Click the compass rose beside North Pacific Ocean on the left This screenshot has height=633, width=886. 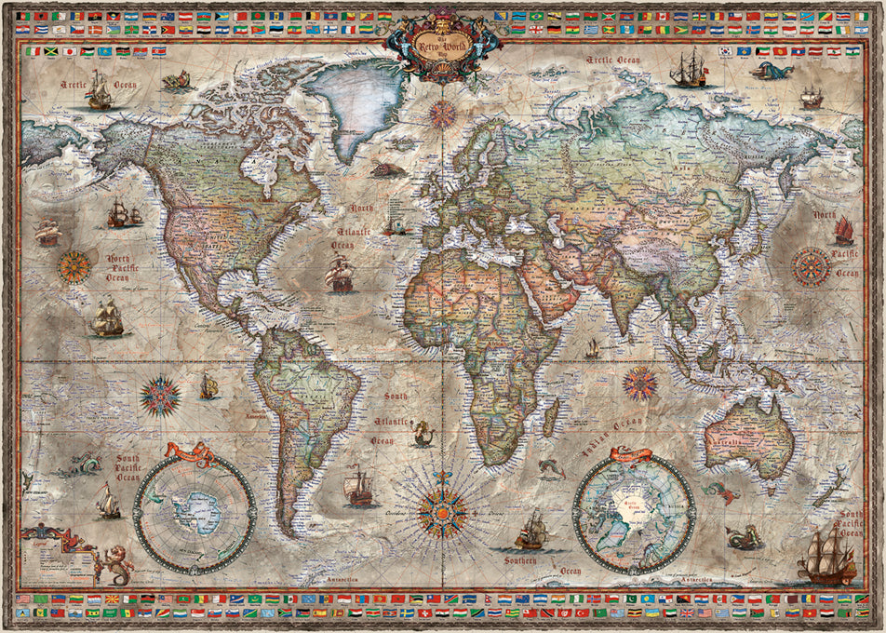point(74,267)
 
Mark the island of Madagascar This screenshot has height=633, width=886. point(550,414)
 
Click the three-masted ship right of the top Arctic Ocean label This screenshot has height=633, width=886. point(689,69)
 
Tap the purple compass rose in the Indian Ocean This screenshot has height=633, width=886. point(639,382)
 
